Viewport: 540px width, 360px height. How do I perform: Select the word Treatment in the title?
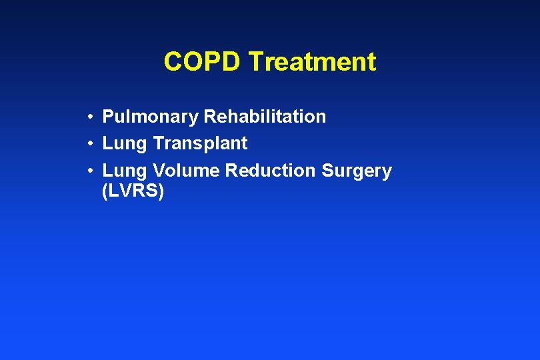312,62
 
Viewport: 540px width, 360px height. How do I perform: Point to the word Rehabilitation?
265,117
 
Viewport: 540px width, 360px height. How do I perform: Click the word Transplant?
200,143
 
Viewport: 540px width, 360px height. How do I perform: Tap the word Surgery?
357,171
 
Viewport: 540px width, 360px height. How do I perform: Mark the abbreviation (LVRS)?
133,191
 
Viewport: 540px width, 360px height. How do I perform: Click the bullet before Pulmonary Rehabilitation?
89,118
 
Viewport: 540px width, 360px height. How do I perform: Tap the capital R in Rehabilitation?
209,117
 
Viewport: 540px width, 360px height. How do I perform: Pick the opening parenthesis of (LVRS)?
105,192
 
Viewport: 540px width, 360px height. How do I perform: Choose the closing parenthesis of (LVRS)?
161,192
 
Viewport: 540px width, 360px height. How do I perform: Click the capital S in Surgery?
327,171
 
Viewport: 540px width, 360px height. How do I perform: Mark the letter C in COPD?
173,62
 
